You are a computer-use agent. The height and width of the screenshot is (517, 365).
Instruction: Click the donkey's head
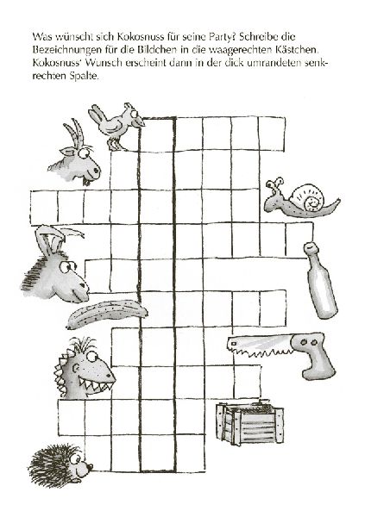point(56,267)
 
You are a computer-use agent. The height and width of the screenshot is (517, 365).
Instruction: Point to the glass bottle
point(320,281)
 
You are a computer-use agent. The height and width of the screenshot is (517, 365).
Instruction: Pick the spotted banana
point(106,314)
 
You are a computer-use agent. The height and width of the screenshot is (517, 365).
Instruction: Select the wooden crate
point(249,423)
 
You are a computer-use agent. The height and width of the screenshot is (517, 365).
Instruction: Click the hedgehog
point(60,465)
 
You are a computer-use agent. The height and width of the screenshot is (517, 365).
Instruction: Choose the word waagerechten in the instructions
point(239,50)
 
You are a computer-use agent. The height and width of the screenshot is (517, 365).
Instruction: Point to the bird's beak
point(140,123)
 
